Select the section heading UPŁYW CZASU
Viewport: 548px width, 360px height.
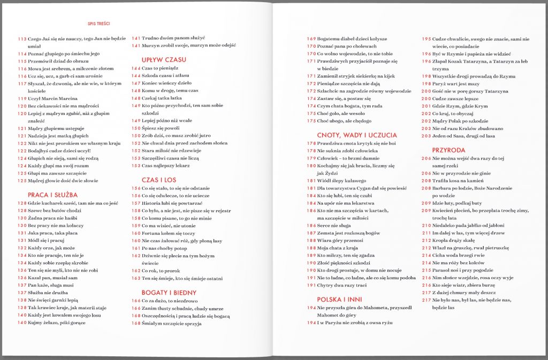164,59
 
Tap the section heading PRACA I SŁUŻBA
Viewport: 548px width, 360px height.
52,195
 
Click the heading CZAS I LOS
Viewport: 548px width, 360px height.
159,180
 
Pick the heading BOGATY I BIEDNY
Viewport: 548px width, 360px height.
169,293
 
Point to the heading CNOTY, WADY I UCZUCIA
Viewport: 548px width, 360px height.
357,135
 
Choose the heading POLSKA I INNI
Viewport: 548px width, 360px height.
340,299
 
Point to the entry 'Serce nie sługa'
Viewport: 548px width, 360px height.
337,226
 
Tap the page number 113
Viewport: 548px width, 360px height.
22,39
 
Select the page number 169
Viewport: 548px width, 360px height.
311,39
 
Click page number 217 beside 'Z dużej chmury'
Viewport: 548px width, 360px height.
427,293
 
